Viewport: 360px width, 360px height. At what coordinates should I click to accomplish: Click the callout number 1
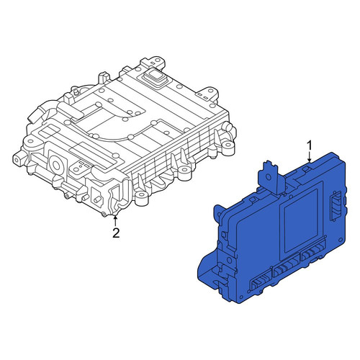pos(310,145)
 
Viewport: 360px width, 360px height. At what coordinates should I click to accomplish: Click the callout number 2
pos(116,233)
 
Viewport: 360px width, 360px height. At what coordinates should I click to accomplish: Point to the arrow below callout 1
pos(310,156)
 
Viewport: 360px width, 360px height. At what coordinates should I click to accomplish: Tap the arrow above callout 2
pos(115,221)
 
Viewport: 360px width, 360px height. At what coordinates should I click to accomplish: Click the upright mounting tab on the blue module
pos(271,177)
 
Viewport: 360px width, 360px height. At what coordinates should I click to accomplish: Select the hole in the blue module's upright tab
pos(268,178)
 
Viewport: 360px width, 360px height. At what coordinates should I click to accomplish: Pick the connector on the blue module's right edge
pos(336,205)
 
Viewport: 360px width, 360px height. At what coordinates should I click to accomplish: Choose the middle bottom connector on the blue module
pos(286,268)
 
